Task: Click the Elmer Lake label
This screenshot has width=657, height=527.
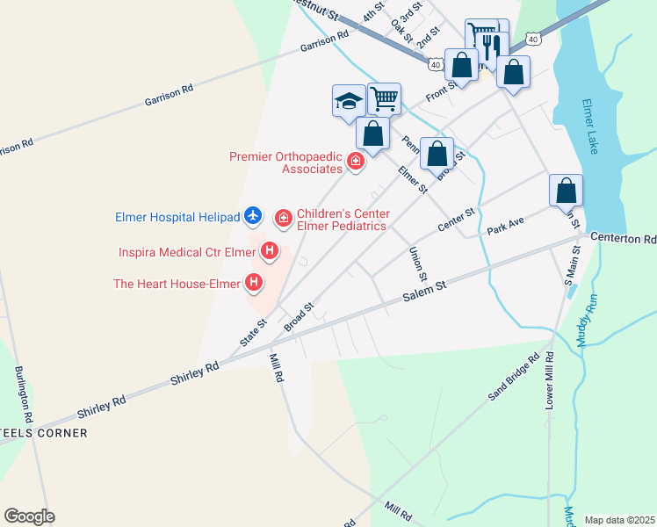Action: tap(590, 126)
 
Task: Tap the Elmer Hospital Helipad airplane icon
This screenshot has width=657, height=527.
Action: tap(253, 215)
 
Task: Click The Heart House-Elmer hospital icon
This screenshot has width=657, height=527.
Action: tap(254, 283)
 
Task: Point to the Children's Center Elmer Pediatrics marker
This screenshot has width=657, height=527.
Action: tap(284, 218)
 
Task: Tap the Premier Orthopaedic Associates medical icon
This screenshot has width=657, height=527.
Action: tap(355, 162)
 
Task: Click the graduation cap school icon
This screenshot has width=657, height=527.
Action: tap(349, 100)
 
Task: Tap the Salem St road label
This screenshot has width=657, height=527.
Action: tap(425, 292)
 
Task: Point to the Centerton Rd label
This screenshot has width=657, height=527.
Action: tap(624, 238)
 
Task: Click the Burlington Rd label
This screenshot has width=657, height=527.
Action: tap(23, 392)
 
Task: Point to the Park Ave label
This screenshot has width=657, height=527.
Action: tap(505, 227)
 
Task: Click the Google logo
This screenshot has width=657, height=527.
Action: tap(29, 516)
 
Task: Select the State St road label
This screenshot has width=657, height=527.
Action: tap(254, 332)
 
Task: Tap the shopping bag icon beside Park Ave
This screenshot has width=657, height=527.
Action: tap(567, 191)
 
